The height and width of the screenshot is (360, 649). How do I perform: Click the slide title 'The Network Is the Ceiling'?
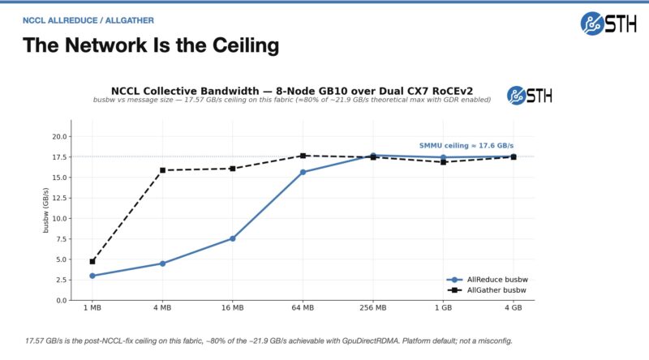[151, 45]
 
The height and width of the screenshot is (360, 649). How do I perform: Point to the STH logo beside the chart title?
[529, 95]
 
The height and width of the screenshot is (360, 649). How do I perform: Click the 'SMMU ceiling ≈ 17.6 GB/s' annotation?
[466, 145]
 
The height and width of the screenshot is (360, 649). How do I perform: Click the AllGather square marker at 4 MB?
[162, 170]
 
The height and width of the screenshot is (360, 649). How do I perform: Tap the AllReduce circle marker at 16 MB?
[233, 238]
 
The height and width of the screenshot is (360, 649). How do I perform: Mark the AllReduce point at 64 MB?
[303, 172]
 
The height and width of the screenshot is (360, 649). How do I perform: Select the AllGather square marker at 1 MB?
[92, 261]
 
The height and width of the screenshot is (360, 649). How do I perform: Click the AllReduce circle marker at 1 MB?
[92, 276]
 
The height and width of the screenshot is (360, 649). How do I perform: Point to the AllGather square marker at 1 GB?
[443, 162]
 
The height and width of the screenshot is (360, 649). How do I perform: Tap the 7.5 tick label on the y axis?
[60, 239]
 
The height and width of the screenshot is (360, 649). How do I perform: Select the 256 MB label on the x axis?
[372, 309]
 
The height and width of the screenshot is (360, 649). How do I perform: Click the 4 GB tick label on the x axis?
[513, 309]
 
